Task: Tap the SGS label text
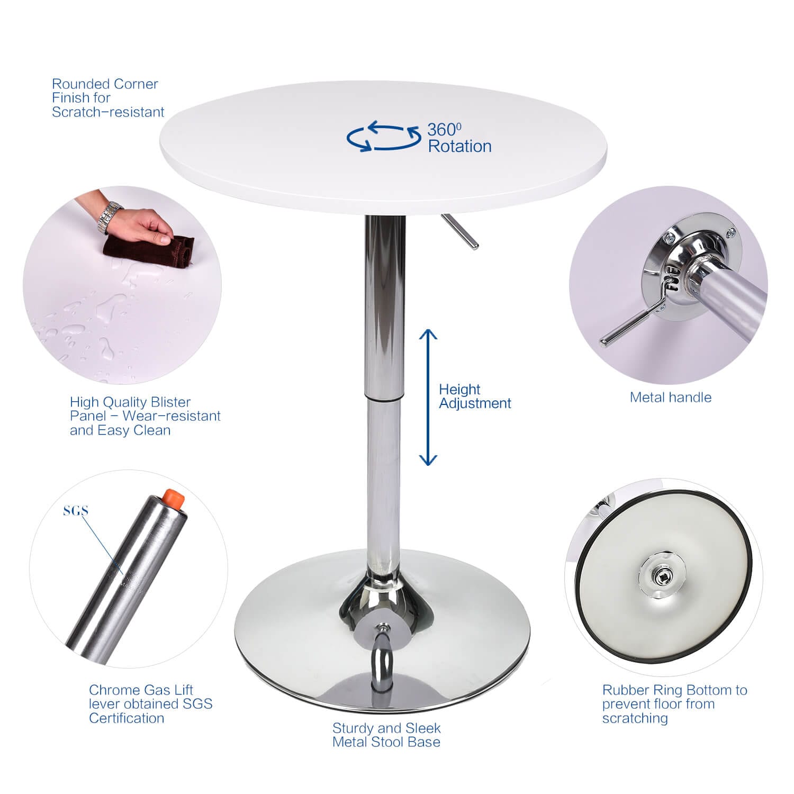[x=76, y=511]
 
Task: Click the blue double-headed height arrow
[x=428, y=397]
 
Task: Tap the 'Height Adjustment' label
[x=474, y=396]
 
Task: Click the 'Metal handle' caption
[x=670, y=398]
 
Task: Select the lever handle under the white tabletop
[x=461, y=231]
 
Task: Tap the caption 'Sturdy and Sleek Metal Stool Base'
[x=386, y=735]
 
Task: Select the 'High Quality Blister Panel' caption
[x=145, y=416]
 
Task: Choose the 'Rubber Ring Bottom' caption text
[x=674, y=704]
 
